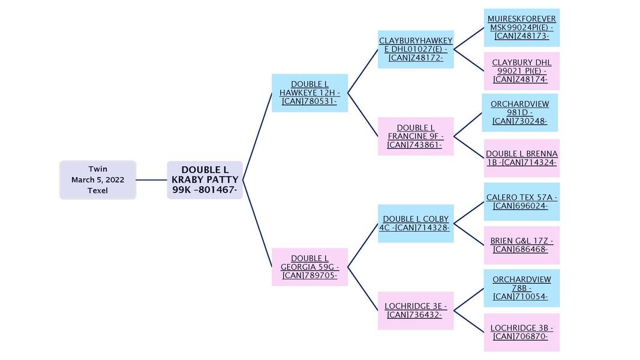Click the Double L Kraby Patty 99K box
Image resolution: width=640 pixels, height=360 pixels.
point(205,180)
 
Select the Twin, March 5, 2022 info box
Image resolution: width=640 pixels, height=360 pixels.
point(98,180)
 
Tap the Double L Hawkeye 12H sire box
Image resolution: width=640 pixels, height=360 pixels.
point(310,93)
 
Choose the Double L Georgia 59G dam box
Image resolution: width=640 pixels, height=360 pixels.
point(310,267)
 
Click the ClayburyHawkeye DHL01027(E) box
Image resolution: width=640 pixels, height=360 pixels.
point(416,49)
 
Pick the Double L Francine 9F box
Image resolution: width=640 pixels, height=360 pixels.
point(416,136)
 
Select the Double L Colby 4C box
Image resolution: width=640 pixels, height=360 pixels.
point(416,223)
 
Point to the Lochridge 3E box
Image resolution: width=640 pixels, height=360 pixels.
point(416,310)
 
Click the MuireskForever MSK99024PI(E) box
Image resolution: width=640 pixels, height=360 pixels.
point(521,28)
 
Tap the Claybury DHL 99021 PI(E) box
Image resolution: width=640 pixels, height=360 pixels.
point(521,71)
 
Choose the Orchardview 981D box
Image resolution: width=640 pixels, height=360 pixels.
point(520,112)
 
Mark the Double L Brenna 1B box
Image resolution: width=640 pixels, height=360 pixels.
point(521,158)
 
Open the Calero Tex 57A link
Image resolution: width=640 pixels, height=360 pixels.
point(521,202)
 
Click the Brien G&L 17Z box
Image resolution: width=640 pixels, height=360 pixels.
point(521,245)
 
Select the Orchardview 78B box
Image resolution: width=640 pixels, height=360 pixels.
point(521,288)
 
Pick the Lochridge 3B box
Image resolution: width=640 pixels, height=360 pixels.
point(521,332)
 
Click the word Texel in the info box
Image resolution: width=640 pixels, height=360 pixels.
point(98,191)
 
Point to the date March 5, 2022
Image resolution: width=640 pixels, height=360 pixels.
point(98,180)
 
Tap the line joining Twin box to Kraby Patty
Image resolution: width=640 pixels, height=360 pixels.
point(151,179)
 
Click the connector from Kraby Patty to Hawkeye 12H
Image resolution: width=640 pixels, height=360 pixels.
point(257,137)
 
